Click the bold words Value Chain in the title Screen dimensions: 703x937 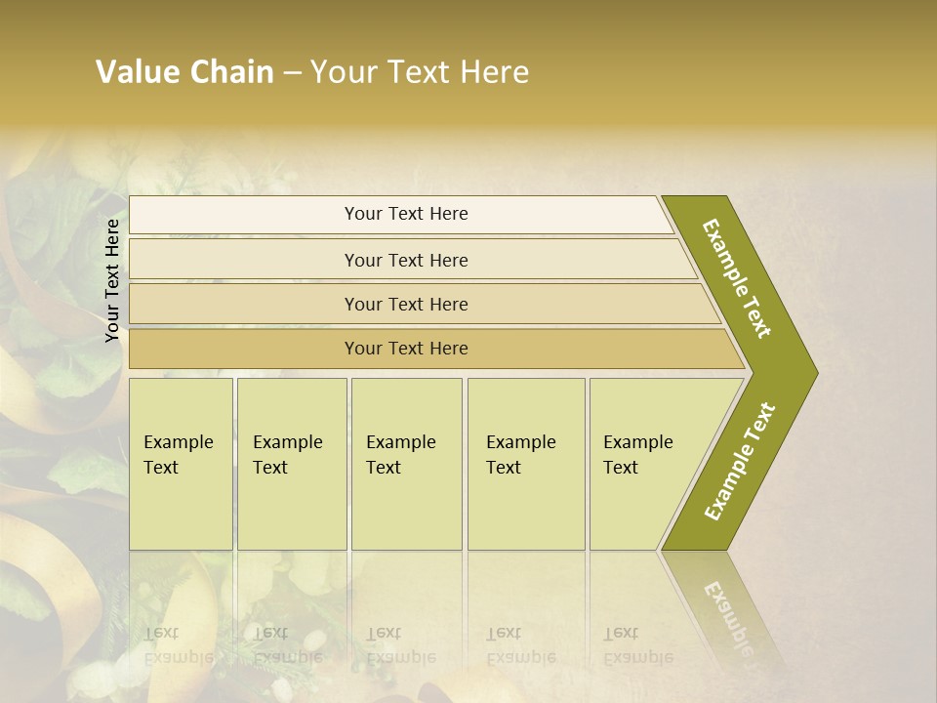coord(184,72)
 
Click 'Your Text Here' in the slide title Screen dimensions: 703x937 coord(420,72)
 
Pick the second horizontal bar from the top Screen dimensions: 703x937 coord(406,260)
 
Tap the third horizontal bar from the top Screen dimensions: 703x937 coord(406,304)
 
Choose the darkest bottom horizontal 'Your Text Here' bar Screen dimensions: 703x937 coord(406,349)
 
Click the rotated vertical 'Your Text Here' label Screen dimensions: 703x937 coord(112,280)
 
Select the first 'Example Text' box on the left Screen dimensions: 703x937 coord(181,464)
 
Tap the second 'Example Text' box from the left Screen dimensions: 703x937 coord(291,464)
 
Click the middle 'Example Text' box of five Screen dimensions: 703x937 coord(406,464)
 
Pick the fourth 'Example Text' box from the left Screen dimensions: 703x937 coord(525,464)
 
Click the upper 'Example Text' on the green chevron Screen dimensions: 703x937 coord(738,278)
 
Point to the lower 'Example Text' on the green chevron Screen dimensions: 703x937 coord(740,461)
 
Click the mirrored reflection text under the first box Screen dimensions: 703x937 coord(179,645)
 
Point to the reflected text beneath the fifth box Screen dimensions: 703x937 coord(638,645)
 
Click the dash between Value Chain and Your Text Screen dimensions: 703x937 coord(292,73)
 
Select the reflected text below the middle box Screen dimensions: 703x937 coord(401,645)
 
